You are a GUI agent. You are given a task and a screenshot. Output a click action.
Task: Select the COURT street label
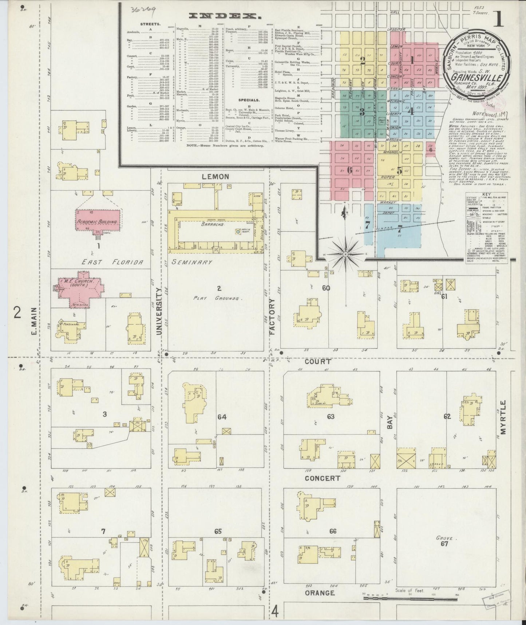[x=318, y=362]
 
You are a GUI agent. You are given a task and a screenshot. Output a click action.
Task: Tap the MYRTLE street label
[x=503, y=418]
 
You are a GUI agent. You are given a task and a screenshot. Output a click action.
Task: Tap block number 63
[x=330, y=416]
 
